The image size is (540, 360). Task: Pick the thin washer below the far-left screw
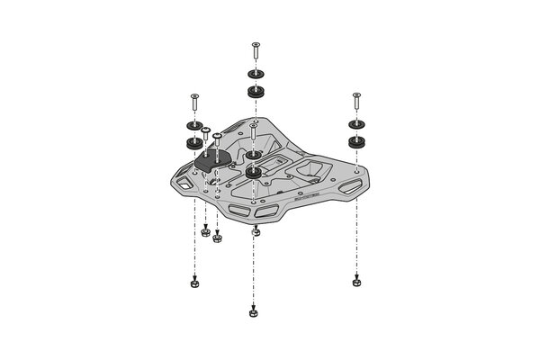[x=193, y=127]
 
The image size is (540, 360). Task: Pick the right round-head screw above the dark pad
[x=217, y=139]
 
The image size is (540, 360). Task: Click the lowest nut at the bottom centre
[x=253, y=312]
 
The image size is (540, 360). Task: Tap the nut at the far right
[x=356, y=282]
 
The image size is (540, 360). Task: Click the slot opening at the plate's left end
[x=185, y=183]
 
